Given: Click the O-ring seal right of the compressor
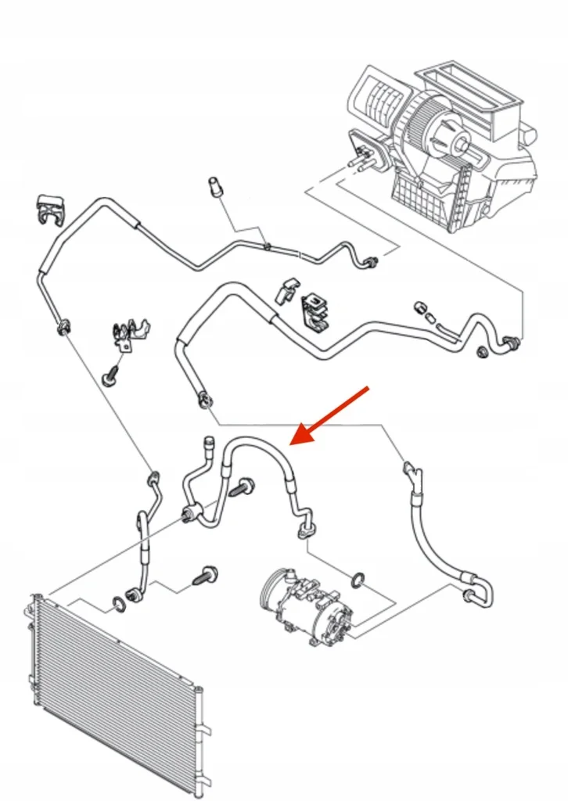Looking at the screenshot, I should click(x=358, y=580).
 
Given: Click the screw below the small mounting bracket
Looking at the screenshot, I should click(x=110, y=377).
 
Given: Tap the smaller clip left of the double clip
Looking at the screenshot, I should click(x=285, y=290).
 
